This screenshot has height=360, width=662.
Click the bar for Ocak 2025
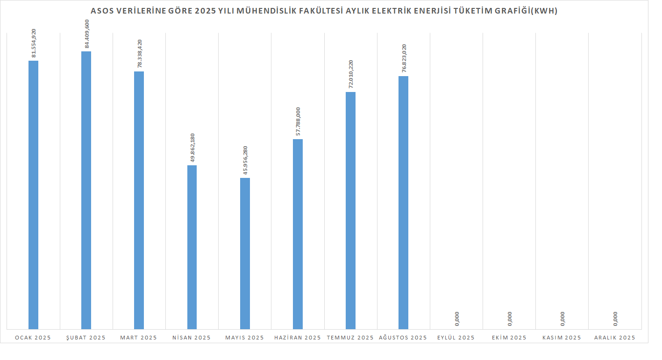33,195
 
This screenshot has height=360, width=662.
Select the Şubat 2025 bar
86,190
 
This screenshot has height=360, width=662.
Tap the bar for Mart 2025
139,200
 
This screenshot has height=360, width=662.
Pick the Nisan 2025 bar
192,247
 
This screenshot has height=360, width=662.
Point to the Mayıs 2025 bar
245,254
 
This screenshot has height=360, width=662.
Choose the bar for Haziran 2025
298,234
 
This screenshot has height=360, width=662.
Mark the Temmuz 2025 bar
350,211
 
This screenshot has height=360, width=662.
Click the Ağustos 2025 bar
403,203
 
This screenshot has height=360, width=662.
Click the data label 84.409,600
86,33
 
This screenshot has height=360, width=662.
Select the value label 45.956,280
245,160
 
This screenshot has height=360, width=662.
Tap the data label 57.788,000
298,121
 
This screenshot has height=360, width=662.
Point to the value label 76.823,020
404,58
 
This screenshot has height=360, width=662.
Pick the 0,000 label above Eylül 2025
456,318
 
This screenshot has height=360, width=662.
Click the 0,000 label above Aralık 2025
615,318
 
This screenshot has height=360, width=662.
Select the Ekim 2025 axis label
509,338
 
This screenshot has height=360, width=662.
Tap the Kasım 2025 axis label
562,338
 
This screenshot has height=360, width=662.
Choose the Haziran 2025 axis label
298,338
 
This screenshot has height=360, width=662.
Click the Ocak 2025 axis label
33,338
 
